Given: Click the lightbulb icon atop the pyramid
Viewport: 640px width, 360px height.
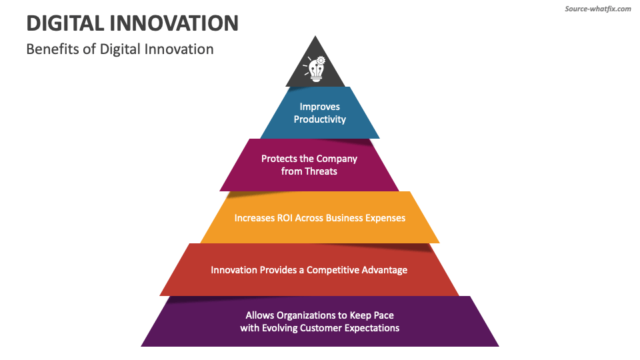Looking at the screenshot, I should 315,69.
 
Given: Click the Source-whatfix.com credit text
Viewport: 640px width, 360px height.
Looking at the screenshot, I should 597,9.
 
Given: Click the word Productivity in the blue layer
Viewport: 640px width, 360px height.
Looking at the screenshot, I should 320,119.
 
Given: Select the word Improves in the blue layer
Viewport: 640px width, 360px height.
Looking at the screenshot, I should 320,107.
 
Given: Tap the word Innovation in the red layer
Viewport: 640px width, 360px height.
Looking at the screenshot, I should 234,270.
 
